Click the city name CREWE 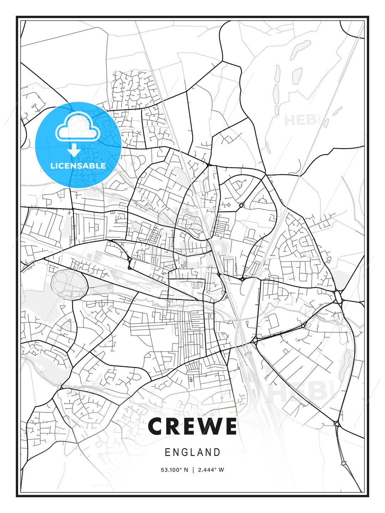(x=192, y=426)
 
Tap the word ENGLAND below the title (x=192, y=452)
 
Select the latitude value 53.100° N (x=174, y=470)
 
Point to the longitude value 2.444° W (x=210, y=470)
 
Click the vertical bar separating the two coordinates (x=193, y=470)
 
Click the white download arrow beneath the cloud (x=74, y=150)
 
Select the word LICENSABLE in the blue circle (x=78, y=166)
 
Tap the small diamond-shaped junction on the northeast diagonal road (x=241, y=206)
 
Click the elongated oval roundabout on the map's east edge (x=338, y=296)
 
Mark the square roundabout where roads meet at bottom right (x=337, y=424)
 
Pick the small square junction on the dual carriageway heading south (x=344, y=463)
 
